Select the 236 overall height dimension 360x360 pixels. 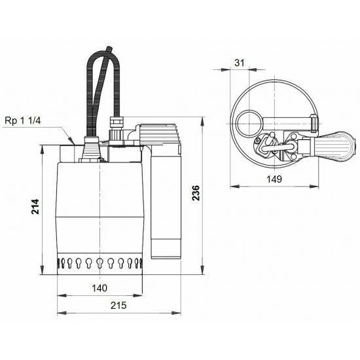click(x=196, y=192)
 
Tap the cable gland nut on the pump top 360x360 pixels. click(x=117, y=122)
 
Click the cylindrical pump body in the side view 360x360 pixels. click(x=99, y=209)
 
